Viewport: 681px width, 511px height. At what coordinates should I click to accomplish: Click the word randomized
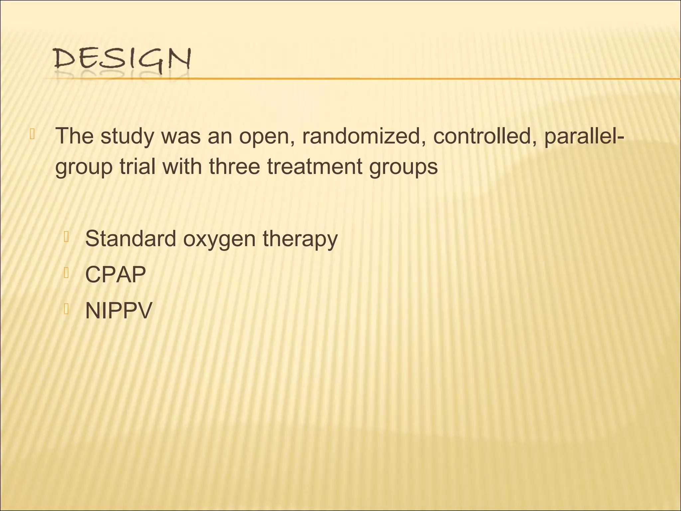click(361, 136)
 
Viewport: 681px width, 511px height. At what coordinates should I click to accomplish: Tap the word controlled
click(484, 136)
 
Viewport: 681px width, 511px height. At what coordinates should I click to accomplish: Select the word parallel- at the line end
click(585, 136)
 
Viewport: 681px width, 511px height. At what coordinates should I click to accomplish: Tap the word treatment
click(314, 166)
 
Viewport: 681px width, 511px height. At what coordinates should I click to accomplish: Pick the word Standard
click(130, 239)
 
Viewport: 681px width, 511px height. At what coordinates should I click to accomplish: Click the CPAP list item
click(115, 274)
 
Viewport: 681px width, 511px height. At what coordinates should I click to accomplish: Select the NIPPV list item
click(118, 310)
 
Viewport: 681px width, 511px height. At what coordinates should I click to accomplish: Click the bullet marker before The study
click(32, 134)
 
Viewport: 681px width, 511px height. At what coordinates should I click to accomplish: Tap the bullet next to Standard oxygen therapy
click(66, 237)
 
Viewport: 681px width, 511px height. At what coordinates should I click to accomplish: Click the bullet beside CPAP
click(66, 273)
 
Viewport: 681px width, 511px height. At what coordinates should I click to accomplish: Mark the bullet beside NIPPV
click(66, 309)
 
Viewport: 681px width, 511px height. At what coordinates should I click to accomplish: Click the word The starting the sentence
click(74, 136)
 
